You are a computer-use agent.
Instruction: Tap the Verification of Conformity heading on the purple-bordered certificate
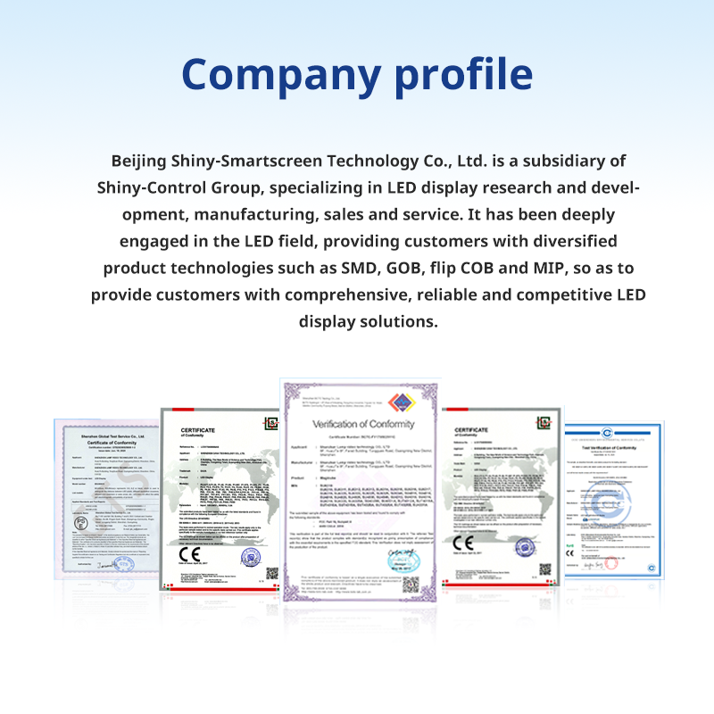click(x=361, y=424)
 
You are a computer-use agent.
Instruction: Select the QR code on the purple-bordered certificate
click(x=410, y=585)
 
